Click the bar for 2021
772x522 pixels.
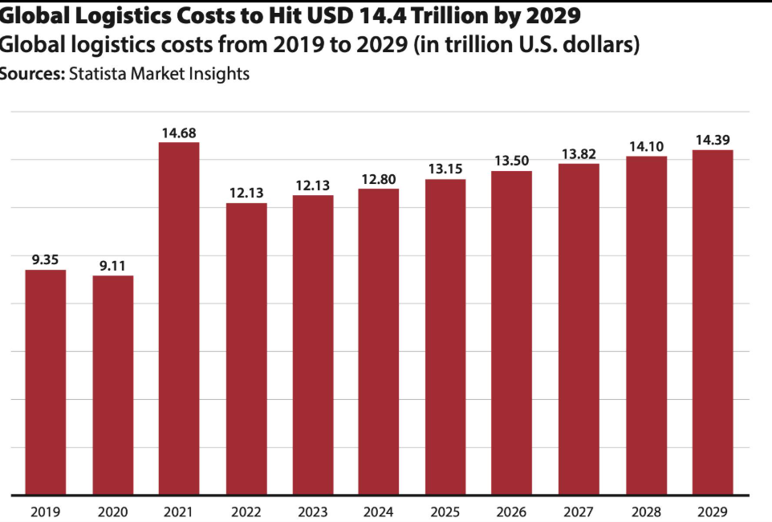179,319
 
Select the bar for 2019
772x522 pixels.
45,382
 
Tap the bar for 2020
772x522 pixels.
112,385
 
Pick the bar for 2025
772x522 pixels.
445,336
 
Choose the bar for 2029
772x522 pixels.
713,322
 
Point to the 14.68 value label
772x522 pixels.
179,133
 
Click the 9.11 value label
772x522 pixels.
112,266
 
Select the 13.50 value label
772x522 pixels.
511,161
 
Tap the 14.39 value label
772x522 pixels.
713,140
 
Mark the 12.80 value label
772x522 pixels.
379,179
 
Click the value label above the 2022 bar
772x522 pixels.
246,193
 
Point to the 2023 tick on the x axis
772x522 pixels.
313,512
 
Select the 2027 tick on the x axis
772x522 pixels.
579,512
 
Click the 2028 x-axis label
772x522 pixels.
646,512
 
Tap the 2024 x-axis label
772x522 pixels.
378,512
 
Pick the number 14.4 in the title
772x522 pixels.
381,16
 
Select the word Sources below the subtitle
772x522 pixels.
32,74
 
